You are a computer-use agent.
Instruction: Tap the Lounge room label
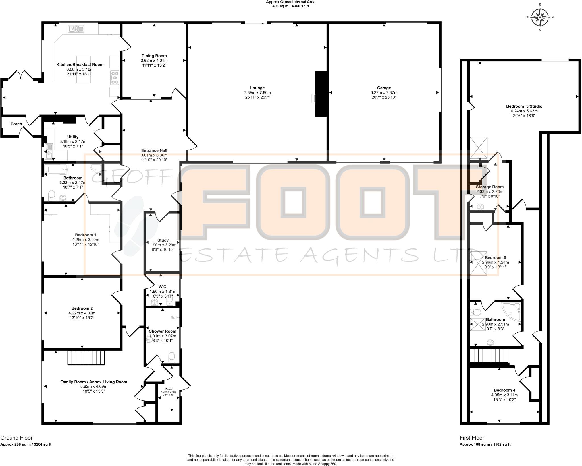coord(257,88)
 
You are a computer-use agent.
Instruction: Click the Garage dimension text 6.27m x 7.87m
coord(384,92)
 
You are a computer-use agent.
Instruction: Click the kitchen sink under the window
coord(76,29)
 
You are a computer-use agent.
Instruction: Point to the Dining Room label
coord(154,56)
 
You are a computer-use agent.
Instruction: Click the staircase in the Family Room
coord(86,358)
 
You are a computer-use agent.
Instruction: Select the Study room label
coord(163,240)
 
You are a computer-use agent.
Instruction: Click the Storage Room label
coord(490,187)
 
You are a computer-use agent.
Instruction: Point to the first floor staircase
coord(489,356)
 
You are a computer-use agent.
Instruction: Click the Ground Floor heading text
coord(16,438)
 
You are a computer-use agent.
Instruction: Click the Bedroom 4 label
coord(504,390)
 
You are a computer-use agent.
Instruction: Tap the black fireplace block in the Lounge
coord(321,94)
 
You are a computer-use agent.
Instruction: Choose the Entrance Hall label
coord(154,150)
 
